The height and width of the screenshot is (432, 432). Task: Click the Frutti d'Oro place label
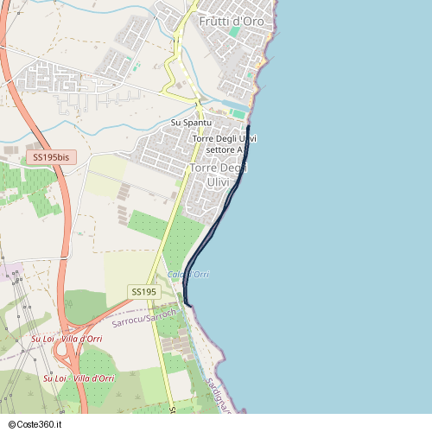[x=231, y=20]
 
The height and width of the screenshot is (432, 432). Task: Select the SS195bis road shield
[x=52, y=157]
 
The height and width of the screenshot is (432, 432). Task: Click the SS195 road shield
[x=144, y=292]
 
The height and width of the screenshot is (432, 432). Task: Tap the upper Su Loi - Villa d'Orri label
[x=67, y=339]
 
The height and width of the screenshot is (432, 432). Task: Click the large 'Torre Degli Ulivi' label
[x=224, y=175]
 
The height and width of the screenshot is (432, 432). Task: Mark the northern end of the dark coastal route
[x=248, y=126]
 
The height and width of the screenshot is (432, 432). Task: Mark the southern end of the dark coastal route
[x=187, y=304]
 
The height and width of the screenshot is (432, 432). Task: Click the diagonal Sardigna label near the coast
[x=219, y=394]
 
